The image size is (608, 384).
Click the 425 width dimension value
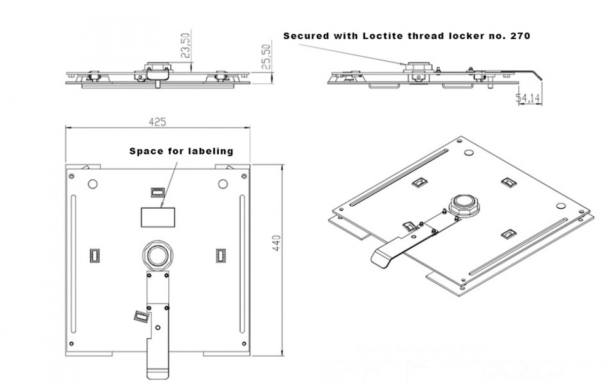coord(157,122)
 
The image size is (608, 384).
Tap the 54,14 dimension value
coord(527,98)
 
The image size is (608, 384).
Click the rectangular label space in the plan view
coord(158,217)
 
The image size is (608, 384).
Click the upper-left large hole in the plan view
coord(93,184)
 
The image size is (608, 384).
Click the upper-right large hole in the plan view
coord(222,184)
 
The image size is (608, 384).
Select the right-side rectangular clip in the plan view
coord(220,256)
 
